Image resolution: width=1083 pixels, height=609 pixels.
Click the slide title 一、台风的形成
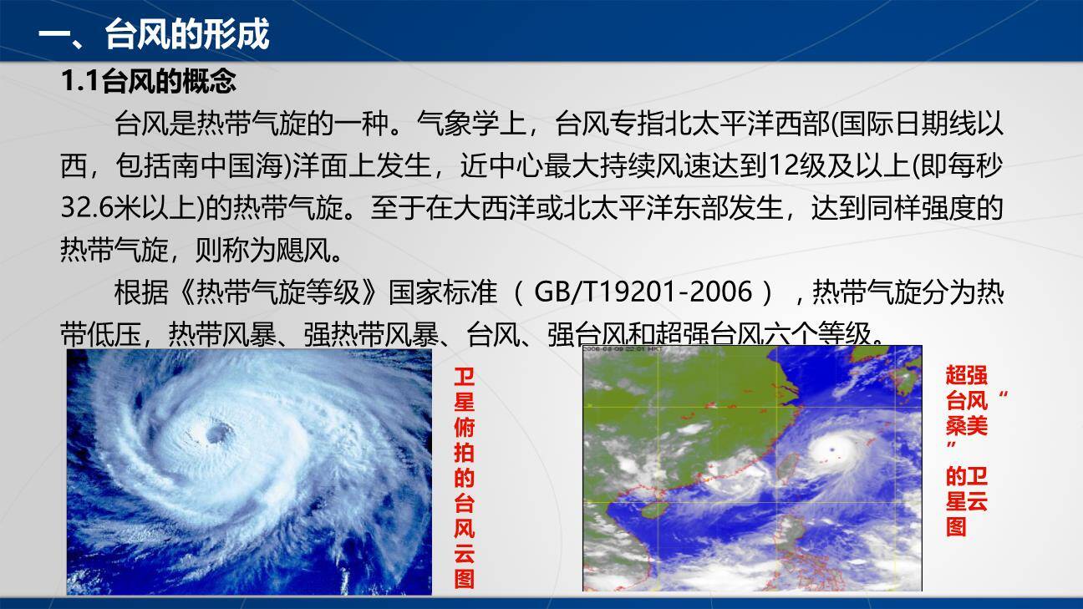click(x=154, y=36)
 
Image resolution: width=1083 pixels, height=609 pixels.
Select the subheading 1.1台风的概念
click(x=149, y=81)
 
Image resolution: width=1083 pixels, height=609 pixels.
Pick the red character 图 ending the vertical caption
click(x=464, y=579)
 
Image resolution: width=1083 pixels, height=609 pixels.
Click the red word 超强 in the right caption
click(x=966, y=374)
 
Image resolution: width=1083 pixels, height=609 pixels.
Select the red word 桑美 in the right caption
click(x=966, y=426)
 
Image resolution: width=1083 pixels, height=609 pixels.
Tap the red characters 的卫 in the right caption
click(x=966, y=477)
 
